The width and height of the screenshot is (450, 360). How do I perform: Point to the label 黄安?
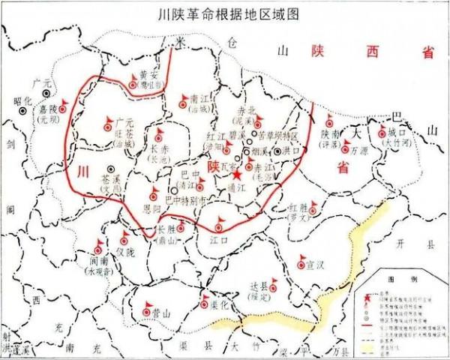(149, 75)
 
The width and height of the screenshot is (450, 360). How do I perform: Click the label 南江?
(199, 98)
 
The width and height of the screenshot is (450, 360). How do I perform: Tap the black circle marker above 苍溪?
(111, 169)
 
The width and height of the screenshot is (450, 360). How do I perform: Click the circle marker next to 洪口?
(277, 151)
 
